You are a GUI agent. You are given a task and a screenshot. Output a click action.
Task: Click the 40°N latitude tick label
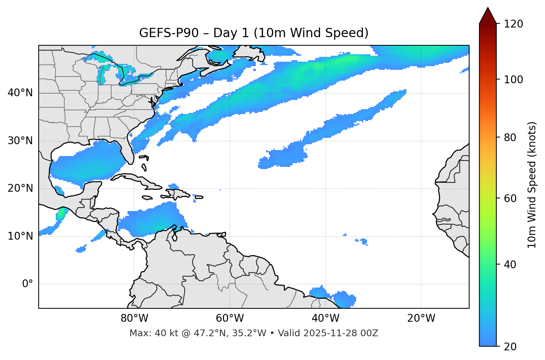click(x=20, y=93)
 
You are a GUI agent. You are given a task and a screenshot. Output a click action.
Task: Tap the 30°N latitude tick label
click(x=20, y=141)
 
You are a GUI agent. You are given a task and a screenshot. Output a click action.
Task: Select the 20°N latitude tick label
click(x=20, y=188)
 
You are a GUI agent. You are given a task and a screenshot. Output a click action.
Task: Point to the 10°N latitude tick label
click(x=20, y=236)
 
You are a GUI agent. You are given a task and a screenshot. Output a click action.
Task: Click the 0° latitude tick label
click(x=28, y=284)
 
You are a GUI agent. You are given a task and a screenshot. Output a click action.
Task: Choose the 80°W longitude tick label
click(x=134, y=318)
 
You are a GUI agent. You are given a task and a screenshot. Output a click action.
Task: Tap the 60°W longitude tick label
click(x=230, y=318)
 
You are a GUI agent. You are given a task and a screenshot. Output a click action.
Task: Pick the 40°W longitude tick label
click(x=325, y=318)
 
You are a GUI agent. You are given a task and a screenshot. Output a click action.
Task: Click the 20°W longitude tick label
click(x=421, y=318)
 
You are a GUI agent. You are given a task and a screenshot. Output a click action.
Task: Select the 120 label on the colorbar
click(x=513, y=24)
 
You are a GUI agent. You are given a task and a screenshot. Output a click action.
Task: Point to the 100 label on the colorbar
click(x=513, y=80)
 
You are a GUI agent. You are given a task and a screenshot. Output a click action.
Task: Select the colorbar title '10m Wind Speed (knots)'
click(x=532, y=185)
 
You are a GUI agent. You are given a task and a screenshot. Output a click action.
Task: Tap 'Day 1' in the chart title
click(x=230, y=33)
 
